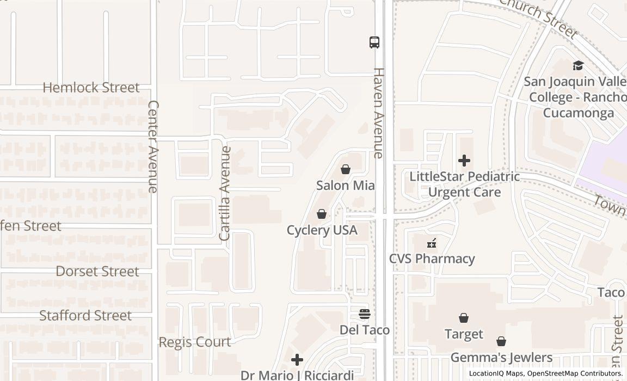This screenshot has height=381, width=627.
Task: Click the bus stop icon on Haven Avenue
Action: (374, 42)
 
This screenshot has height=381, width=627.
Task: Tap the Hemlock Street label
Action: (91, 88)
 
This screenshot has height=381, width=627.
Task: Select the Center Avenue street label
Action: (153, 146)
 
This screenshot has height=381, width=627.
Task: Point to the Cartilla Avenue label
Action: (225, 193)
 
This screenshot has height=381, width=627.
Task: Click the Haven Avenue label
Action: (379, 113)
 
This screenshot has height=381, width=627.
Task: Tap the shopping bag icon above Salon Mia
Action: (346, 170)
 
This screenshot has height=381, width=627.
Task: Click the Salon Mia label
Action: (346, 186)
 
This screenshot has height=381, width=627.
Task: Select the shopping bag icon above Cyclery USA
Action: (322, 214)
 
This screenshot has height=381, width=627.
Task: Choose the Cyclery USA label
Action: (322, 230)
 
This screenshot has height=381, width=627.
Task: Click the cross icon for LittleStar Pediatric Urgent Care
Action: (464, 161)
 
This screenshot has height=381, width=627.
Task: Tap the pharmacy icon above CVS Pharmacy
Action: (432, 243)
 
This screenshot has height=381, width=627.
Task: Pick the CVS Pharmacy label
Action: (432, 259)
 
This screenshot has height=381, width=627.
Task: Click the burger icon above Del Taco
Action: (365, 314)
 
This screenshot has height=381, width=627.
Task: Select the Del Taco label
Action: (365, 330)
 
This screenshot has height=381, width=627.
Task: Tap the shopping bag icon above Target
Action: (464, 318)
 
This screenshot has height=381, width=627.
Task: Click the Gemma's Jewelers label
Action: (501, 358)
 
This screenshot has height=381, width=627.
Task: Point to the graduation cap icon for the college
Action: (578, 66)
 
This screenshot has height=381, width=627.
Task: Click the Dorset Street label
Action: (97, 271)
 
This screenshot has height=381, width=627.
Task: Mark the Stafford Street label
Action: (85, 316)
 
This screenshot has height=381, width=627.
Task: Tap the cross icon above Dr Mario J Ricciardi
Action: (297, 360)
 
